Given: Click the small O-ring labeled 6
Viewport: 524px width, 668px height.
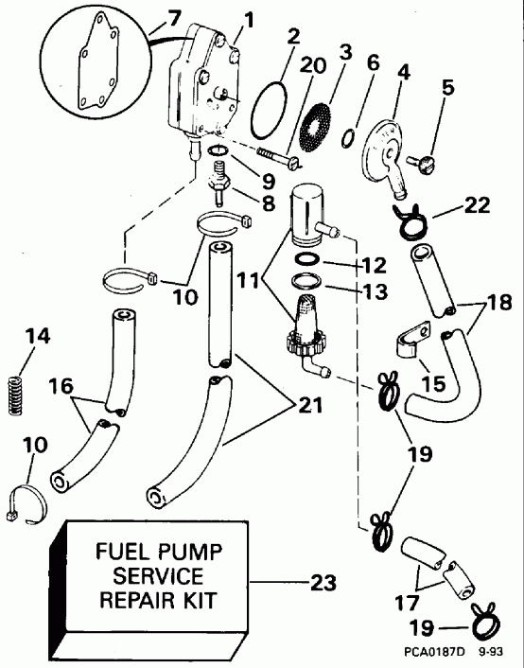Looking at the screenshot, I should click(x=351, y=136).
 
